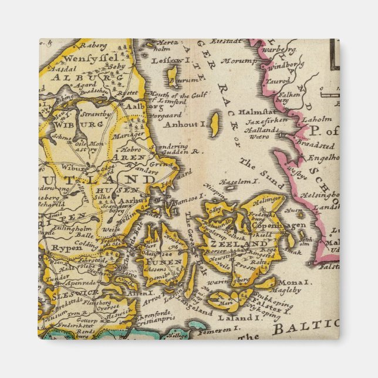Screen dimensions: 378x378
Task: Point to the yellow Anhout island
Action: (x=215, y=124)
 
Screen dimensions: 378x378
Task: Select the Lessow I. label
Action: (x=168, y=59)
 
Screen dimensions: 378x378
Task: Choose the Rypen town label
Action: (x=59, y=247)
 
